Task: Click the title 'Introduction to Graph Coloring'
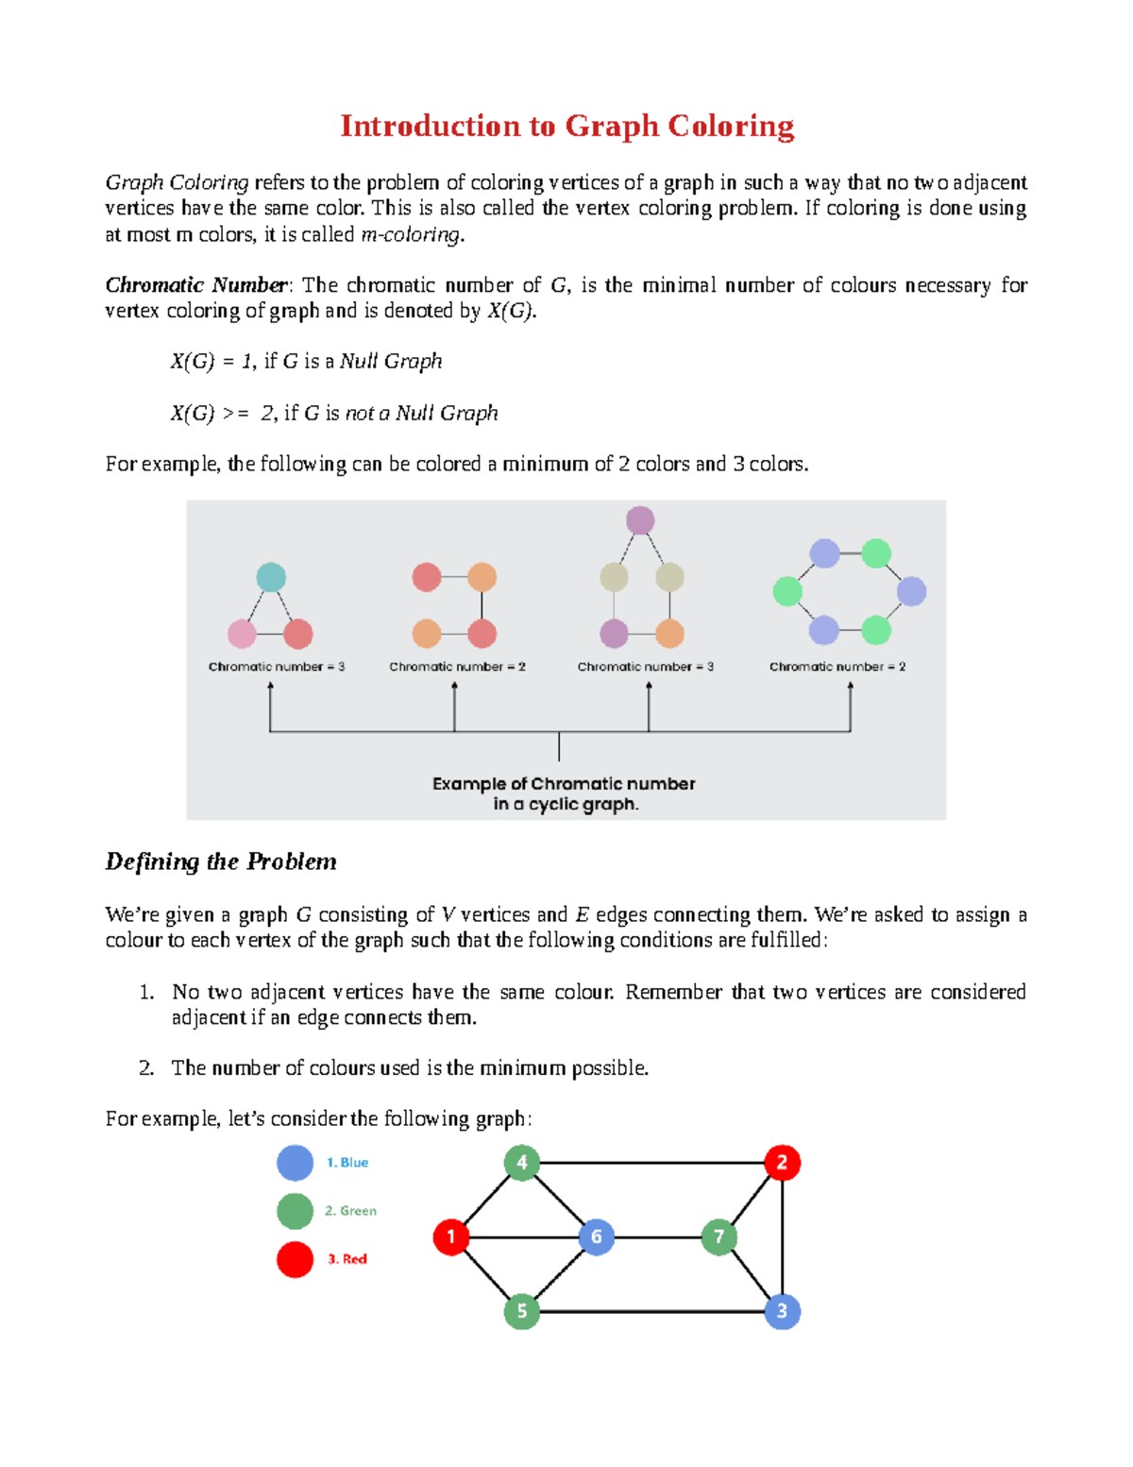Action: click(566, 126)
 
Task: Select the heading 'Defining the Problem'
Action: click(221, 861)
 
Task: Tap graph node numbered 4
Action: click(521, 1163)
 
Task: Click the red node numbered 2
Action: click(782, 1163)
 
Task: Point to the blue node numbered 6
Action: click(596, 1237)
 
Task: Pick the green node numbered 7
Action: click(719, 1237)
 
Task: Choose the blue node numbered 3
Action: click(782, 1311)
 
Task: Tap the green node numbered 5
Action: click(521, 1311)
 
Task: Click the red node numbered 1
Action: click(451, 1237)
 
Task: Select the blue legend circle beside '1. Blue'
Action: click(295, 1163)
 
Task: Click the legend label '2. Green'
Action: click(350, 1211)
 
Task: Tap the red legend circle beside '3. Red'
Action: click(295, 1259)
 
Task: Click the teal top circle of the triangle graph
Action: click(271, 577)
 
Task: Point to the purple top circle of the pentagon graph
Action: click(640, 520)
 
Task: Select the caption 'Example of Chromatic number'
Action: click(564, 784)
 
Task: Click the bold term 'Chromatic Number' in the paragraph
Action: click(196, 285)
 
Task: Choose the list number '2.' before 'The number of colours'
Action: click(146, 1068)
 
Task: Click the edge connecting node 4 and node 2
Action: click(651, 1163)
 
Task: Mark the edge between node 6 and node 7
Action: click(657, 1237)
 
